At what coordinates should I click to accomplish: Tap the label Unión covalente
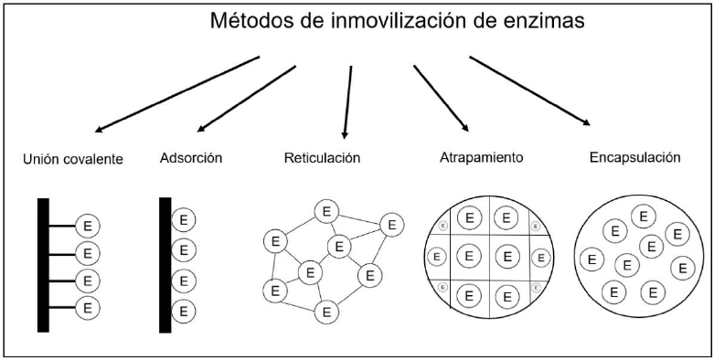[x=73, y=159]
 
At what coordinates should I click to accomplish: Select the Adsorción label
[x=191, y=158]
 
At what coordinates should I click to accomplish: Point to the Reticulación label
[x=323, y=158]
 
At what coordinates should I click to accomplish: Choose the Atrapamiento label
[x=481, y=158]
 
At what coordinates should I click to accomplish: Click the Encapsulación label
[x=634, y=158]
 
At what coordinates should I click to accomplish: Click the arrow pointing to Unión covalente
[x=177, y=94]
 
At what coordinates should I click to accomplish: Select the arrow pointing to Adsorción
[x=246, y=99]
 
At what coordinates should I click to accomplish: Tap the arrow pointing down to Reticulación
[x=347, y=102]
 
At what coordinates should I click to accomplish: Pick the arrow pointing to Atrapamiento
[x=441, y=99]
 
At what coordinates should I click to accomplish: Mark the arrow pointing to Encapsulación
[x=529, y=90]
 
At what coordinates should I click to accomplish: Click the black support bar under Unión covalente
[x=43, y=265]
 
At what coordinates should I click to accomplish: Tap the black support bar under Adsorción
[x=165, y=265]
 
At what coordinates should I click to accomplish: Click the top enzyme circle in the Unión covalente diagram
[x=88, y=226]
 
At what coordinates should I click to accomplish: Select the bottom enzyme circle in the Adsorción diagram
[x=184, y=312]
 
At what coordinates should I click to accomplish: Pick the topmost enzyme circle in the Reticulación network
[x=326, y=212]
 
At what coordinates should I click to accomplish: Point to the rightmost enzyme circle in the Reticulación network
[x=391, y=225]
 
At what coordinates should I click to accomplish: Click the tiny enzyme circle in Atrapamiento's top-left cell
[x=442, y=226]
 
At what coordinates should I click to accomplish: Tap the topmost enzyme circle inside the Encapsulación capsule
[x=643, y=217]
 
